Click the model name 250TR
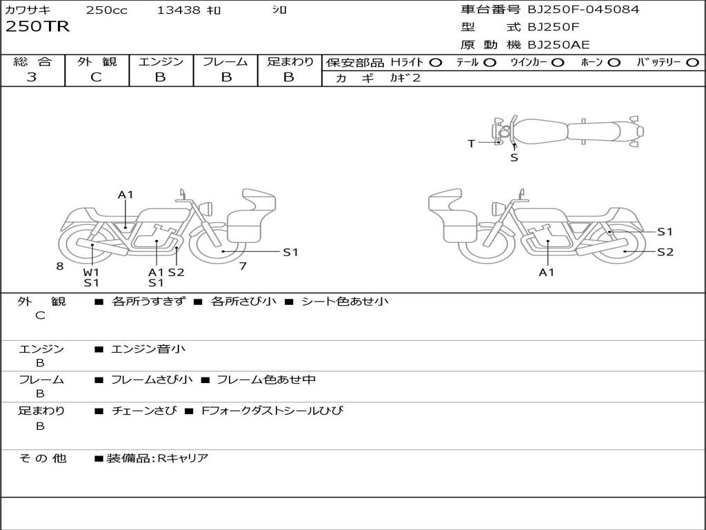(x=37, y=27)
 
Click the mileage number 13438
(x=179, y=10)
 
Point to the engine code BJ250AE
(x=558, y=46)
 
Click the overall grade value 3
(x=32, y=77)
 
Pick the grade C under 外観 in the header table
(x=96, y=77)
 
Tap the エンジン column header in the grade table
(x=161, y=62)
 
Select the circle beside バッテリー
(x=692, y=63)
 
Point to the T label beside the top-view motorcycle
(x=472, y=144)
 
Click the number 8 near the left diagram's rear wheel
(x=60, y=266)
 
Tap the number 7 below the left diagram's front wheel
(x=243, y=266)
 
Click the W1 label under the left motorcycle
(x=91, y=272)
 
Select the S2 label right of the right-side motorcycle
(x=665, y=252)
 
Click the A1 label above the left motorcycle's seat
(x=125, y=195)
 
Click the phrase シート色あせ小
(x=345, y=302)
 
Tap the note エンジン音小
(x=148, y=349)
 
